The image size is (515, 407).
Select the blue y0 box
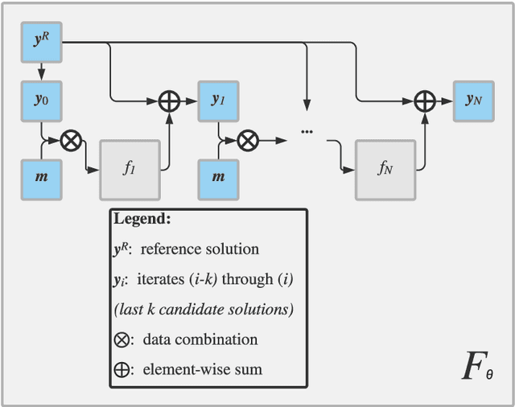pos(41,101)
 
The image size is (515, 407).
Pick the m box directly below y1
pos(218,176)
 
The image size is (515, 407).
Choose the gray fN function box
pos(385,169)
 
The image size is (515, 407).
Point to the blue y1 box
pos(218,101)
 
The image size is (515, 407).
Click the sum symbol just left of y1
pos(170,101)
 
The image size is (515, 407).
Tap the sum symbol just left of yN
pos(424,101)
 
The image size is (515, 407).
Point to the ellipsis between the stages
pos(306,129)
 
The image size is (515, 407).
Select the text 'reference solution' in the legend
pos(200,249)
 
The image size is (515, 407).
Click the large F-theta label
pos(476,366)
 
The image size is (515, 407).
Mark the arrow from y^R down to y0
pos(41,72)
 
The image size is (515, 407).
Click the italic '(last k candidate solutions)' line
pos(203,309)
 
